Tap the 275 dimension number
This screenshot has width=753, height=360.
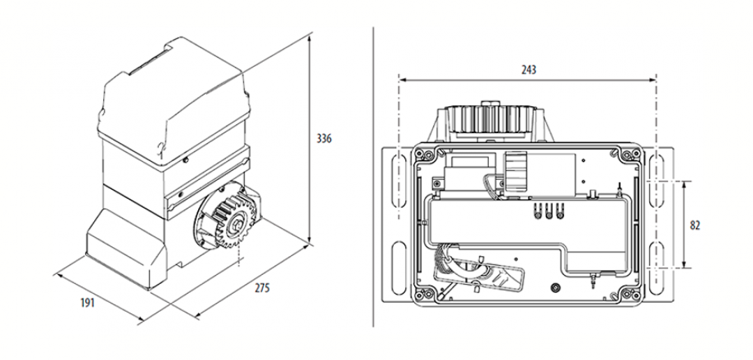tap(261, 288)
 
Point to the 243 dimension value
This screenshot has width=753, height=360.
tap(529, 70)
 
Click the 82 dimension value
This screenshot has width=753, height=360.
tap(694, 225)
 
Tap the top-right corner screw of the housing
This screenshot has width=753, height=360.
tap(633, 152)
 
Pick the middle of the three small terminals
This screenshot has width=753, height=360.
tap(548, 213)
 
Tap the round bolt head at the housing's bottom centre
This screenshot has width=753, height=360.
tap(554, 287)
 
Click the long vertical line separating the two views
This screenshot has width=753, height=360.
tap(373, 174)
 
